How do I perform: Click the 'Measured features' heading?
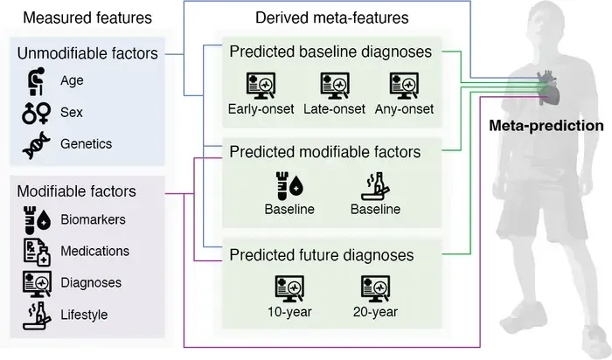click(87, 18)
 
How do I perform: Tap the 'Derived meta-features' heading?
click(332, 18)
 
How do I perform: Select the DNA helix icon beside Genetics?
click(37, 145)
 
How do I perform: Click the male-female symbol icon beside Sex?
click(37, 113)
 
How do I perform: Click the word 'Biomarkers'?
click(93, 219)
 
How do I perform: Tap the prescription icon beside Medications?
click(37, 252)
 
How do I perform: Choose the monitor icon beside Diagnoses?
click(37, 284)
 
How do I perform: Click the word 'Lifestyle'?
click(84, 315)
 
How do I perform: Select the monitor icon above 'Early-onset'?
click(261, 86)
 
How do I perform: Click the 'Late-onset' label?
click(335, 109)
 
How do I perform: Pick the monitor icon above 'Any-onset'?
click(404, 86)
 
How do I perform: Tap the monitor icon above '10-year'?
click(289, 289)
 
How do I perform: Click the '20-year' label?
click(375, 312)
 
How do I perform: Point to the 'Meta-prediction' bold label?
click(546, 126)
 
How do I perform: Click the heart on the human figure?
click(548, 87)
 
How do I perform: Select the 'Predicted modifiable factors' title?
click(325, 152)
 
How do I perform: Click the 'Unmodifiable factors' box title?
click(87, 53)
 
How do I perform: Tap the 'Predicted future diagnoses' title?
click(322, 255)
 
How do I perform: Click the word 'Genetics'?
click(86, 144)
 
